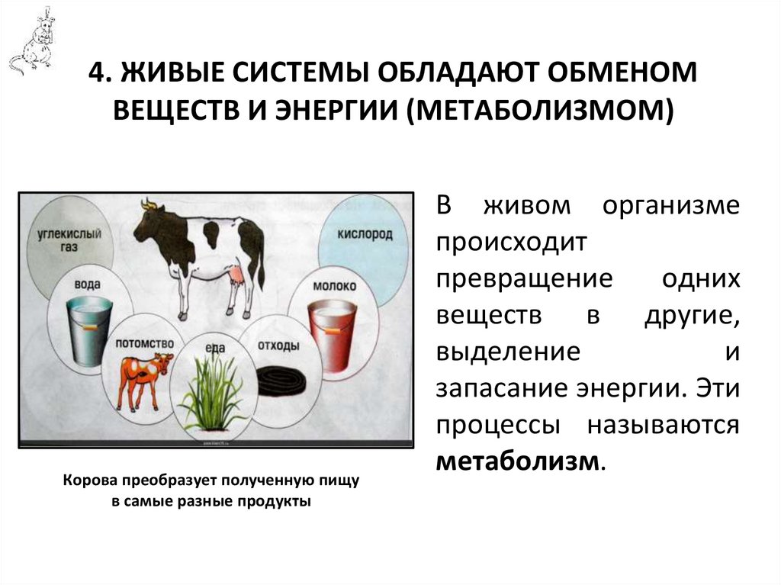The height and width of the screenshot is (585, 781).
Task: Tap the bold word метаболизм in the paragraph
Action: [x=518, y=461]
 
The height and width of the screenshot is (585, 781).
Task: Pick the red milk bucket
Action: [x=332, y=335]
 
